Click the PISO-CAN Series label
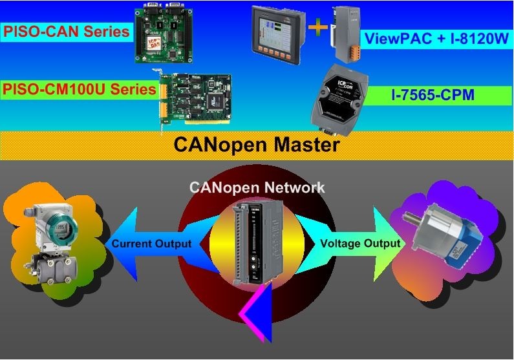pyautogui.click(x=67, y=31)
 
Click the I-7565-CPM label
pyautogui.click(x=433, y=96)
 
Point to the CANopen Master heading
pyautogui.click(x=257, y=144)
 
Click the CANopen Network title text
pyautogui.click(x=257, y=187)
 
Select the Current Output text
pyautogui.click(x=151, y=244)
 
